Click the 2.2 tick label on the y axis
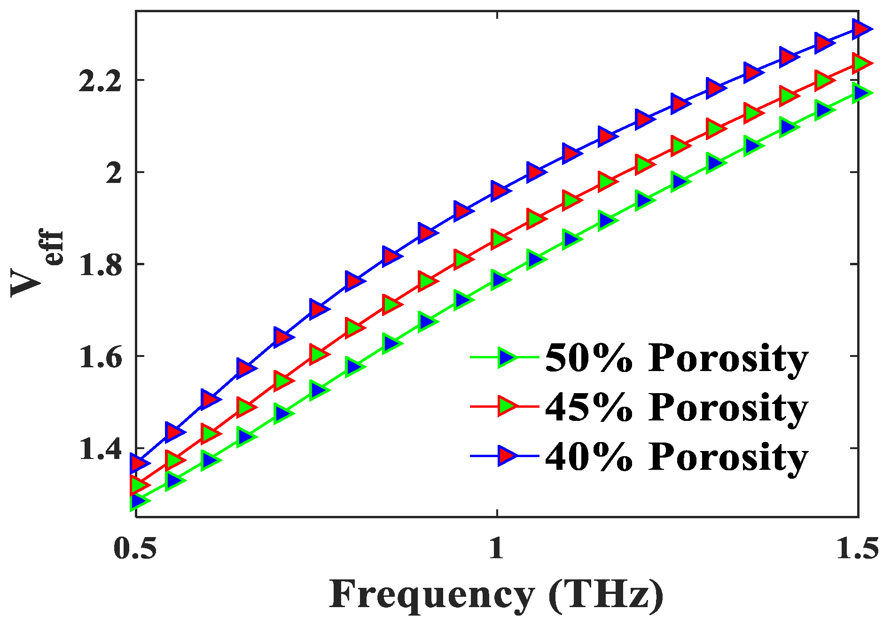point(100,81)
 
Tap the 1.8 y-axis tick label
point(100,265)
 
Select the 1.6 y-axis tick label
point(100,357)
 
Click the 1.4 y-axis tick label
point(100,450)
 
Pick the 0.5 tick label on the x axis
point(135,548)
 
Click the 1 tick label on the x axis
point(497,548)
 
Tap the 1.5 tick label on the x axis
point(857,548)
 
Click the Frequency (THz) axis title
point(496,595)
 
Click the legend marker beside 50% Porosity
point(507,358)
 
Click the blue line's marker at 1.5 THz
point(861,29)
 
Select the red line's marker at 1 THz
point(500,239)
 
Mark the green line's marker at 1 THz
point(500,279)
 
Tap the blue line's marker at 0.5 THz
point(138,463)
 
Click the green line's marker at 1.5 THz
point(861,93)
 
